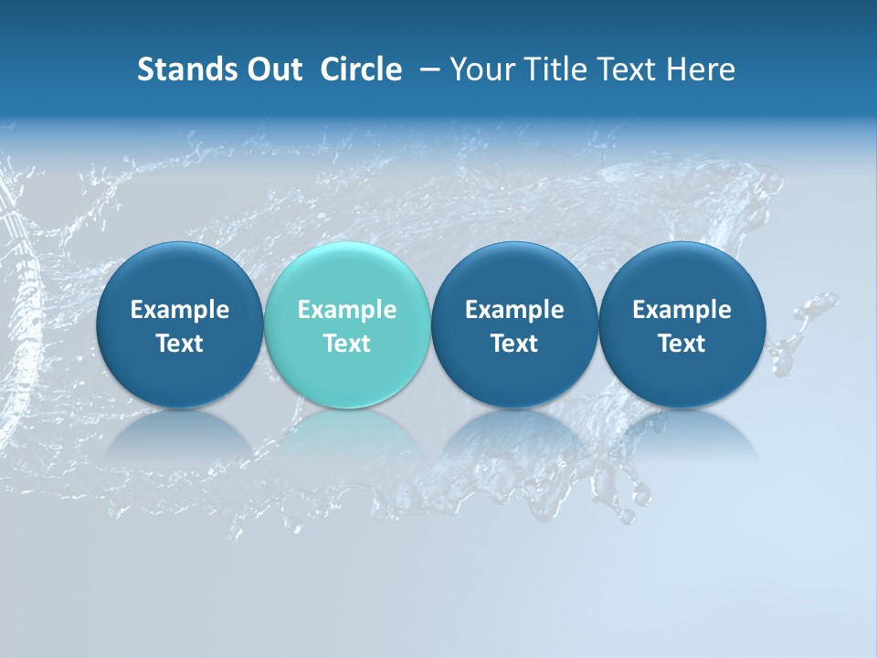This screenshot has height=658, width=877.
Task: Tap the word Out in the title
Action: pyautogui.click(x=272, y=69)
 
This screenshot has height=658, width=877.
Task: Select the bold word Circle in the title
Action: pyautogui.click(x=361, y=69)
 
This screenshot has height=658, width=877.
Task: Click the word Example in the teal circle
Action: pyautogui.click(x=347, y=310)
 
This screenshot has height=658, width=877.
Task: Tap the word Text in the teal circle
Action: pyautogui.click(x=347, y=344)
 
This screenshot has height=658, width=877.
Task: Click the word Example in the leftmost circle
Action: pyautogui.click(x=179, y=310)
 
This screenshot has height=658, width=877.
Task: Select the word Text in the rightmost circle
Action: pyautogui.click(x=682, y=344)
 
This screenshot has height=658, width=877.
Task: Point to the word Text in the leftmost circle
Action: pyautogui.click(x=179, y=344)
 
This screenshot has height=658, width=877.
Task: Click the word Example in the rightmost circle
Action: pyautogui.click(x=682, y=310)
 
